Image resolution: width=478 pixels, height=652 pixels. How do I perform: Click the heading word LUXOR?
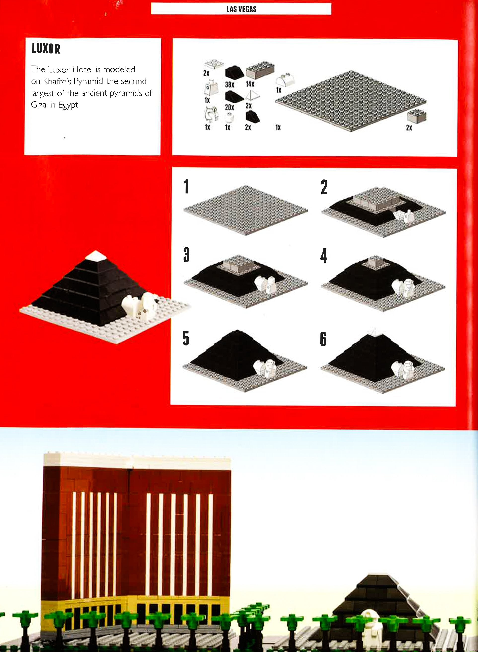[46, 48]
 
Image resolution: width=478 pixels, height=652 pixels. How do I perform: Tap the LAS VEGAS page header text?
[241, 9]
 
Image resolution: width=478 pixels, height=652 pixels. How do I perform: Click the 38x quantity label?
[229, 85]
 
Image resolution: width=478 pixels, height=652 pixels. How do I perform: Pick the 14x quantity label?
[250, 84]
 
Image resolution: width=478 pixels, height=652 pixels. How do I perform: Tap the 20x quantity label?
[229, 107]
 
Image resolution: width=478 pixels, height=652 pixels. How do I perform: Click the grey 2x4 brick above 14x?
[260, 70]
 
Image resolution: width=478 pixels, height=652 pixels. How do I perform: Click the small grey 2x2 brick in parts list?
[417, 116]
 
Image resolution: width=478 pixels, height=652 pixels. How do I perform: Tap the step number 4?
[324, 256]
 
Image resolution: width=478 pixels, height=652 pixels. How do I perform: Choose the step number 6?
[323, 339]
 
